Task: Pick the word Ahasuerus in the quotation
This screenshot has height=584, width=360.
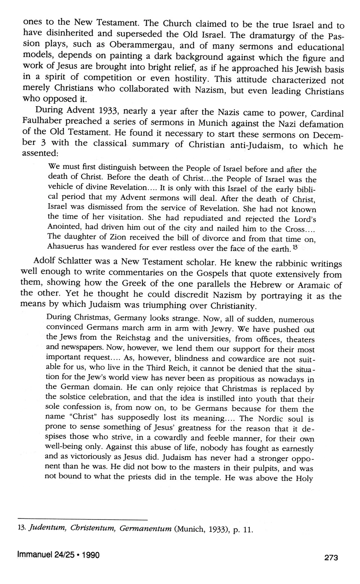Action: click(x=65, y=247)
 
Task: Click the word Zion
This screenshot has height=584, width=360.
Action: click(x=104, y=237)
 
